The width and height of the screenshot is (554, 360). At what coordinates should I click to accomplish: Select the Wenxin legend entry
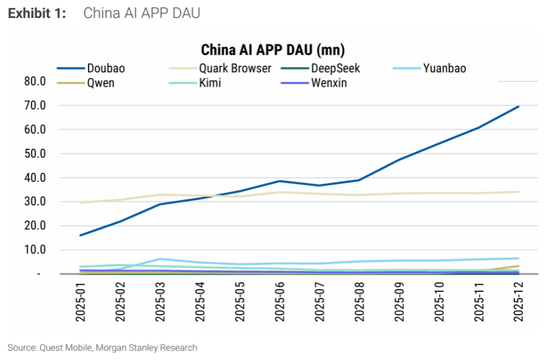tap(329, 83)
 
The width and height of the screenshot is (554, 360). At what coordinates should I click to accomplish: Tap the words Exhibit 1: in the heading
tap(37, 13)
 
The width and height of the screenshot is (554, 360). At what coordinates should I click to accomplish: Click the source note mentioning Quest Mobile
tap(102, 347)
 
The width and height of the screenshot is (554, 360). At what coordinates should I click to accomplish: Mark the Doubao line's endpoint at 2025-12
tap(518, 107)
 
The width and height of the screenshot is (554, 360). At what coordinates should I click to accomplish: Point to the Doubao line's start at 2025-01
tap(81, 235)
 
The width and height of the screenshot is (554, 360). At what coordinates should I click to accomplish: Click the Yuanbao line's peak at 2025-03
tap(160, 259)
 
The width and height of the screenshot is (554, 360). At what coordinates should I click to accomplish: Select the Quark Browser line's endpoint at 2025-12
tap(518, 192)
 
